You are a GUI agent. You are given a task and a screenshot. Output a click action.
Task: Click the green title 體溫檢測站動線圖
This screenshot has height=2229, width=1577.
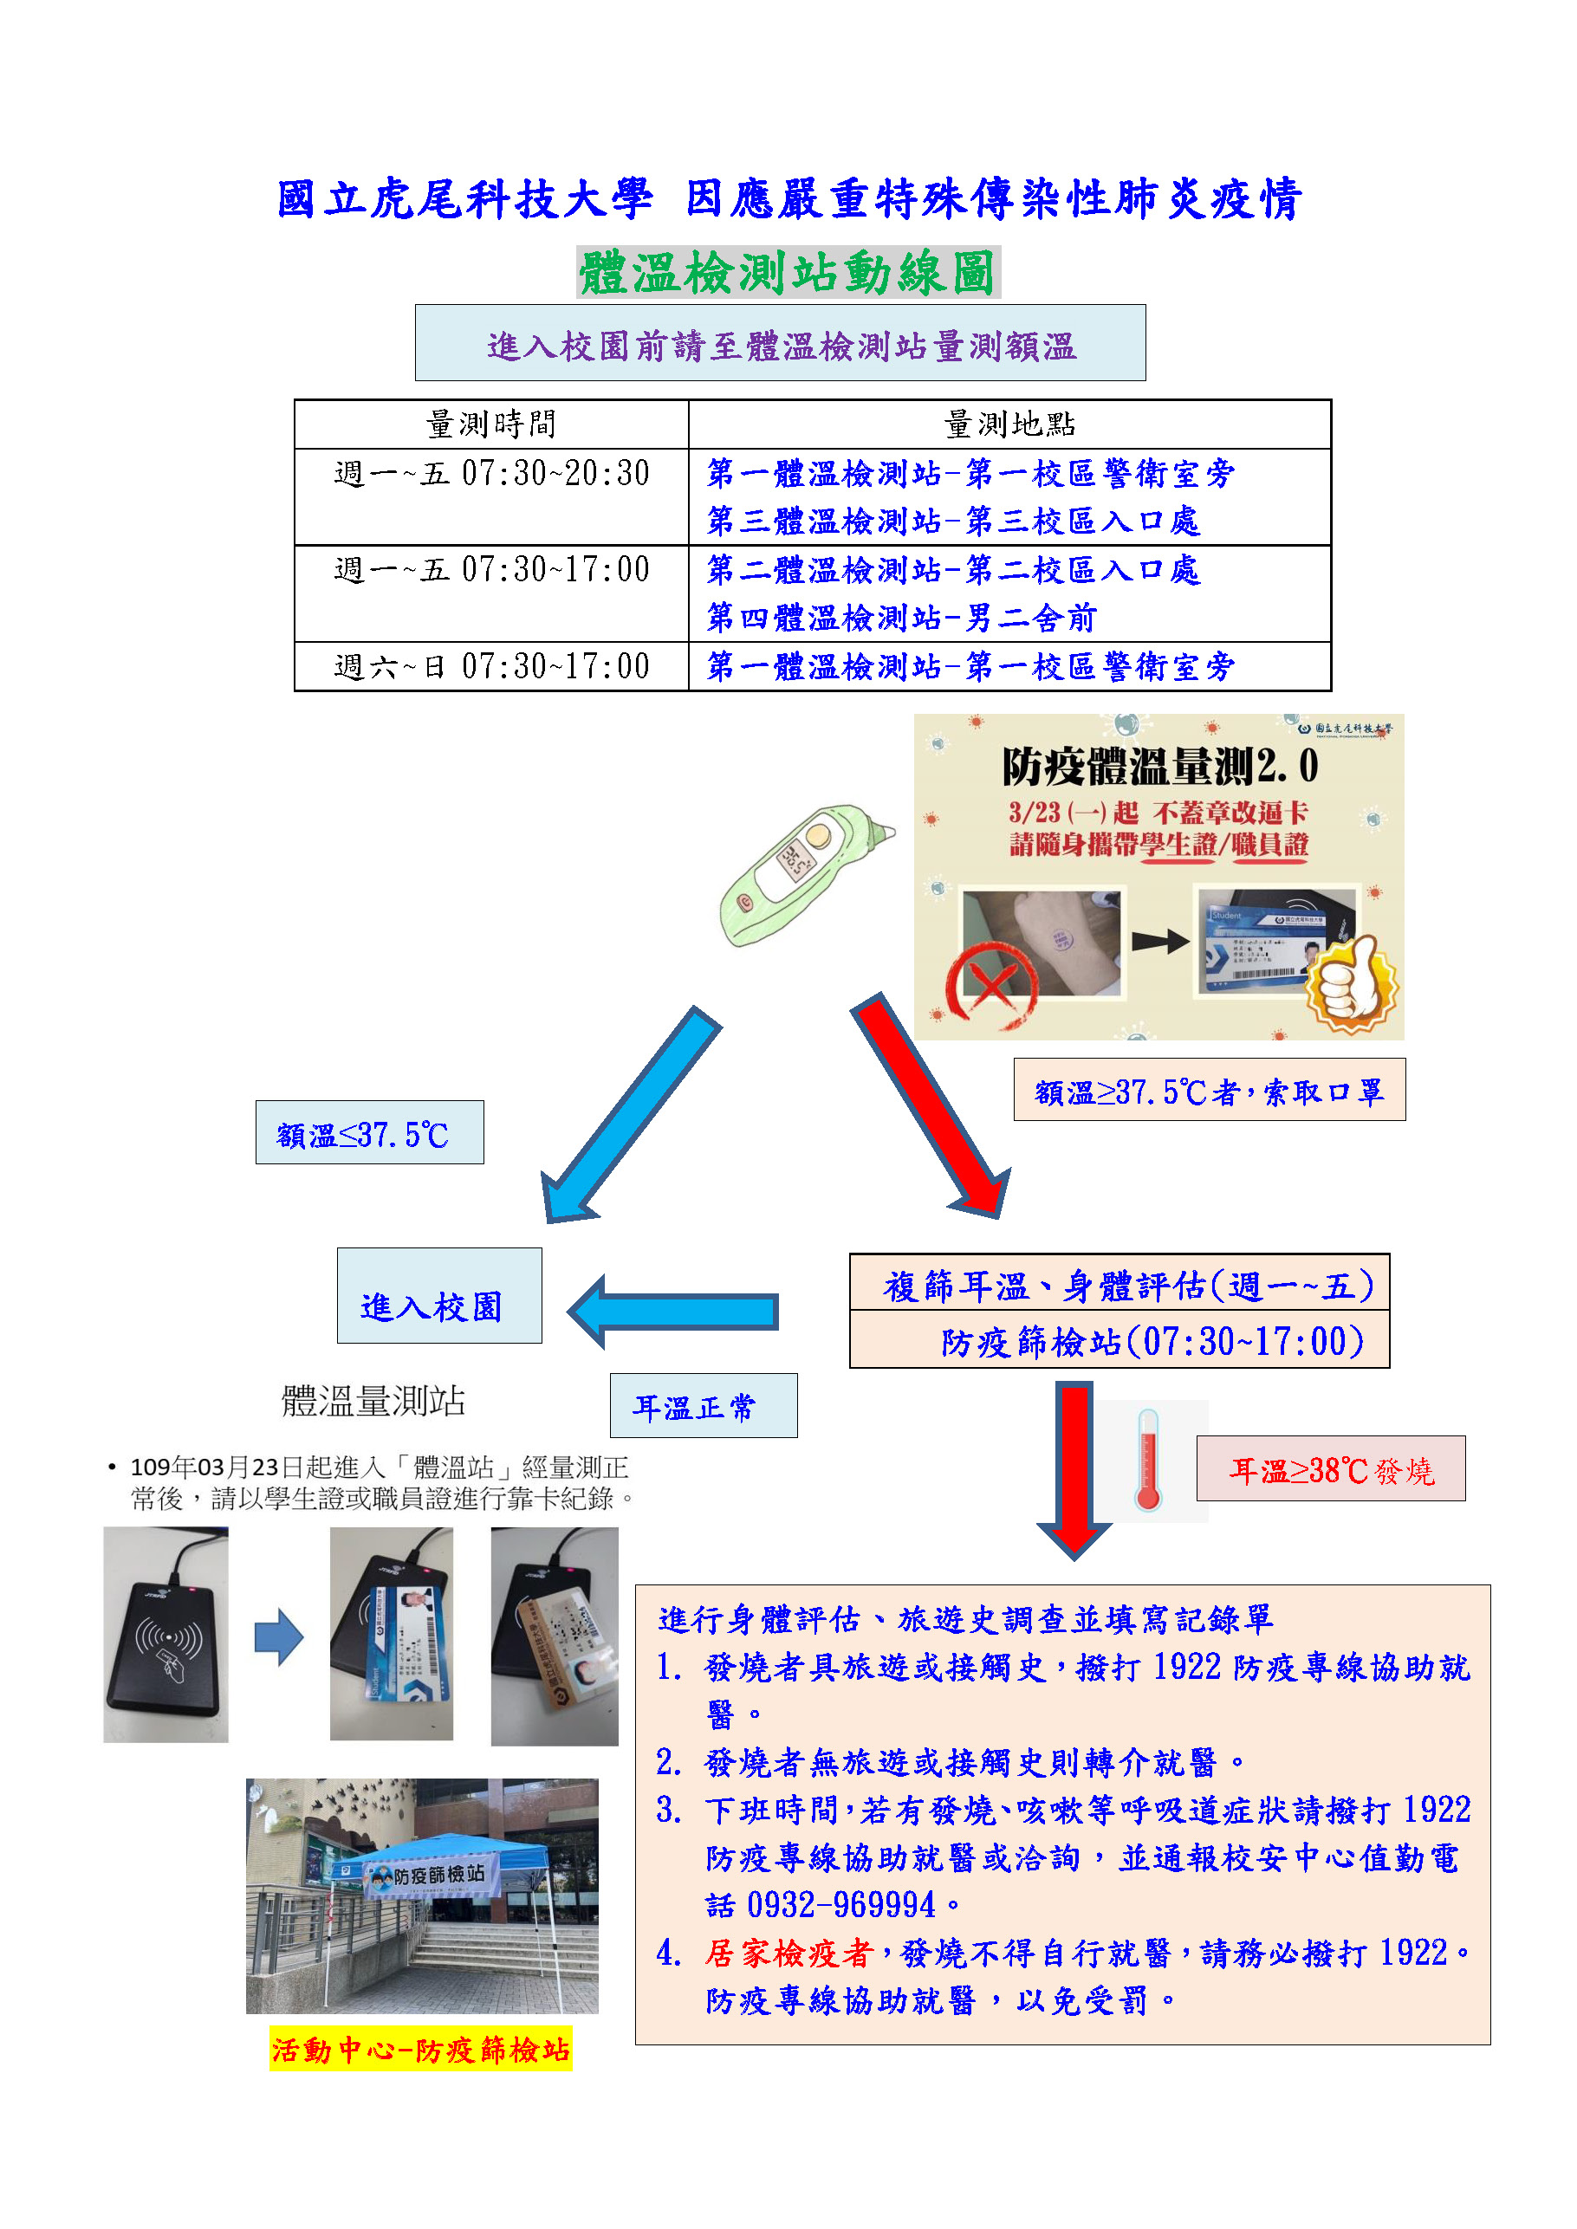click(x=788, y=273)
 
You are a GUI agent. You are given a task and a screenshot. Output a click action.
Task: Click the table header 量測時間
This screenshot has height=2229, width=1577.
click(x=490, y=424)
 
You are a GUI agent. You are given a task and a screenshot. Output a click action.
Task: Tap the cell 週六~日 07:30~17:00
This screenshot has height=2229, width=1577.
click(x=491, y=667)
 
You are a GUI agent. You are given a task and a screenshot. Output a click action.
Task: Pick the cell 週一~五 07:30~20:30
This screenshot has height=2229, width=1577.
click(x=491, y=474)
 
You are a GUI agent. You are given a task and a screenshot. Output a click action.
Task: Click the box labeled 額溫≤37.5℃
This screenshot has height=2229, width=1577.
click(x=369, y=1133)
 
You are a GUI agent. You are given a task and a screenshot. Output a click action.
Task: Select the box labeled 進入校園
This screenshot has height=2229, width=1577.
click(x=439, y=1296)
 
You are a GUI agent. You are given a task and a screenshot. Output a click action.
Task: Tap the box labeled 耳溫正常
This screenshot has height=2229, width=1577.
click(x=703, y=1406)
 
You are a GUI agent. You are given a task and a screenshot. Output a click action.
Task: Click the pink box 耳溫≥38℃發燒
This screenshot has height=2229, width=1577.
click(x=1330, y=1469)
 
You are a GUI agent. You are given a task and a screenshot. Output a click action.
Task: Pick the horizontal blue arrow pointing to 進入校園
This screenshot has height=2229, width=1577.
click(x=675, y=1312)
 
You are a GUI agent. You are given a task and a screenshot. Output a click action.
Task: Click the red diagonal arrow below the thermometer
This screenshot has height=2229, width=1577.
click(x=933, y=1108)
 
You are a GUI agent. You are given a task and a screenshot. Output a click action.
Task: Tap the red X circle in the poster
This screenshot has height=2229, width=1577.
click(x=990, y=985)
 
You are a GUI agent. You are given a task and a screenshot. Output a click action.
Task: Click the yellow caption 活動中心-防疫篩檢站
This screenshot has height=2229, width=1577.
click(x=420, y=2050)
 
